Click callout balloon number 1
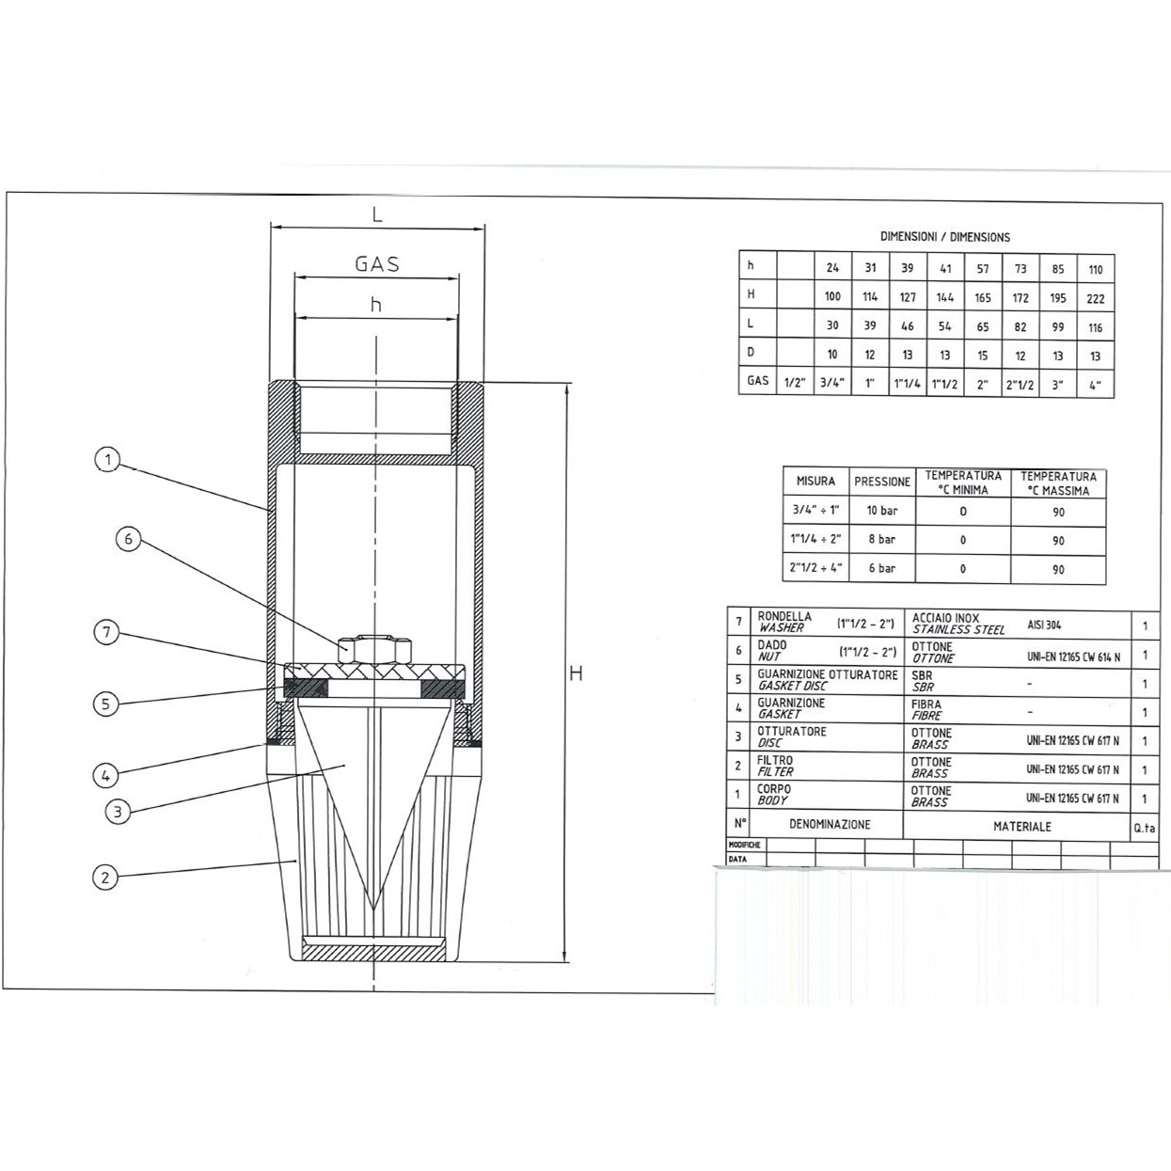tap(108, 459)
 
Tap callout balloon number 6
tap(128, 539)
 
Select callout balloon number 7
tap(107, 633)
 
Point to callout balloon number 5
tap(105, 704)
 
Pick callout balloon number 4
tap(105, 775)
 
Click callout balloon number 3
tap(118, 812)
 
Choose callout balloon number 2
tap(105, 878)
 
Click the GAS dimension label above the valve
tap(377, 264)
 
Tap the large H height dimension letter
tap(576, 673)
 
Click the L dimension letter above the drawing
tap(377, 214)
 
